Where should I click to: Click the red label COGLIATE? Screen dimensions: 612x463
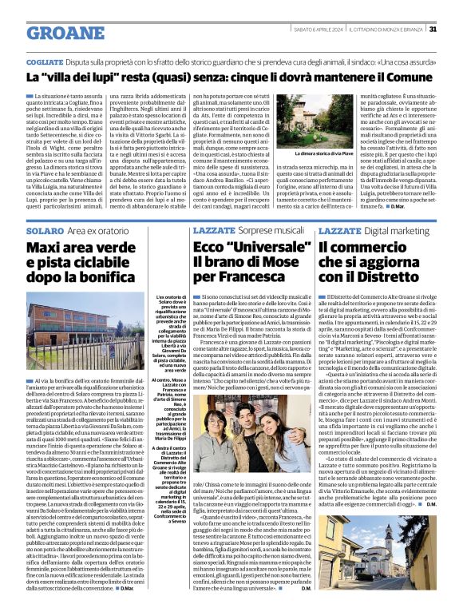[45, 62]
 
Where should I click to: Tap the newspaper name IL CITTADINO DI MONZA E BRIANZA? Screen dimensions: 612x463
[384, 30]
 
